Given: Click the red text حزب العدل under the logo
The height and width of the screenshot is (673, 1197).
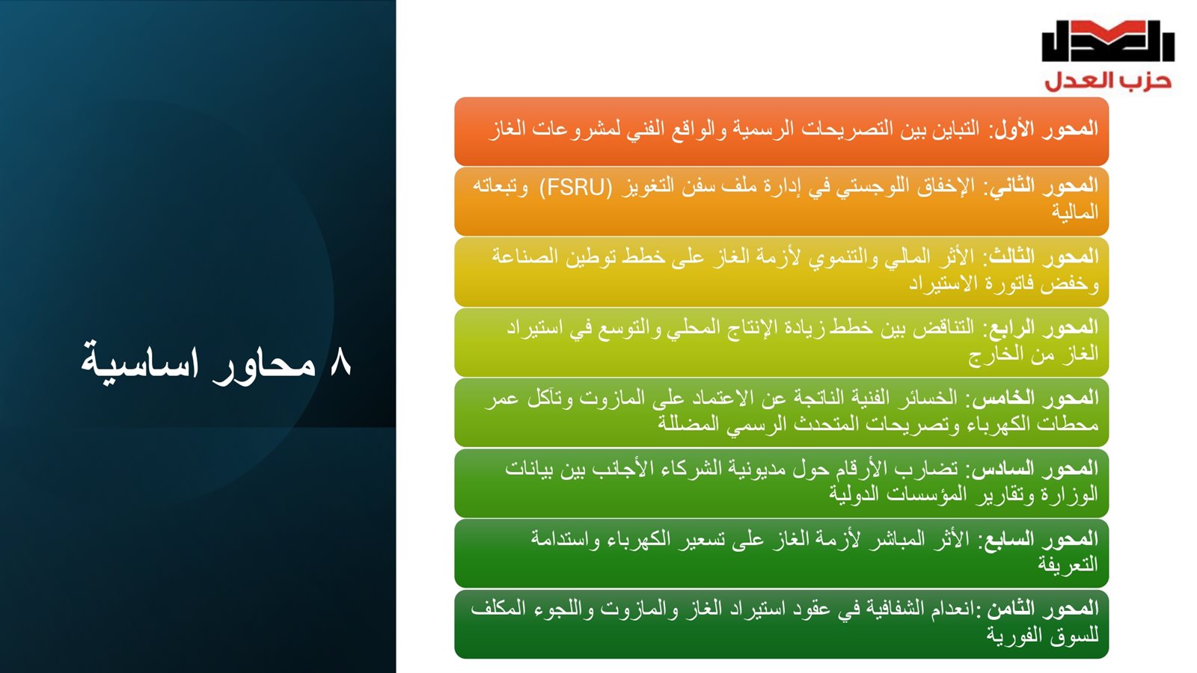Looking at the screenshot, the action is (1108, 82).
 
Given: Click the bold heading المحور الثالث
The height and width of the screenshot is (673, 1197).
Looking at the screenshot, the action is (1044, 257).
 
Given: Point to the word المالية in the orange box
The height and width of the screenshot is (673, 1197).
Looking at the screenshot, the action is (1075, 212).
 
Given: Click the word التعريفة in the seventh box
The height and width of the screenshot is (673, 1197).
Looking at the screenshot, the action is (1068, 565).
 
